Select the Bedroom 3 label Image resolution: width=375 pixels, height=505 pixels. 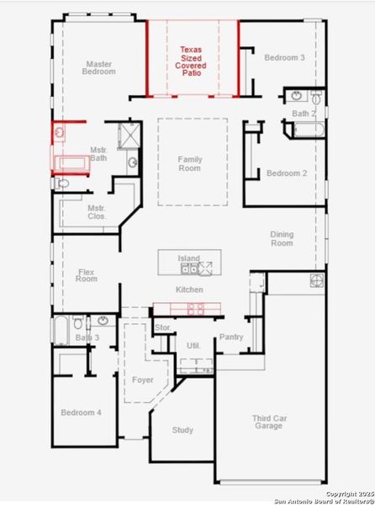point(285,57)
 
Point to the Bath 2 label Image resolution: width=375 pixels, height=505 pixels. point(304,113)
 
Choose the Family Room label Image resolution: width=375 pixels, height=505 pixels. point(190,163)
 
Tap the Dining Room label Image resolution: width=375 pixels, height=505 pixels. point(282,238)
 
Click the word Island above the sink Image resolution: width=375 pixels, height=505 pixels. point(188,258)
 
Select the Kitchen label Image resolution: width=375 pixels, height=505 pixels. point(189,290)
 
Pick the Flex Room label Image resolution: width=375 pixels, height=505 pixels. point(87,274)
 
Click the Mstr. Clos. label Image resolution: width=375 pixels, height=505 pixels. point(96,212)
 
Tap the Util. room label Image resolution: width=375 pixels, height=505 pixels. point(193,345)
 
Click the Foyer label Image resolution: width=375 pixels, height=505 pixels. point(143,380)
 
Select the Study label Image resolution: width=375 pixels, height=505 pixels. point(182,430)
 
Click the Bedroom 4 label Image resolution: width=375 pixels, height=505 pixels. point(81,412)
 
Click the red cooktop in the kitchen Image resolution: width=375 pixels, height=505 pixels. point(194,308)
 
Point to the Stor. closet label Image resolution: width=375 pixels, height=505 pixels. point(163,327)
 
